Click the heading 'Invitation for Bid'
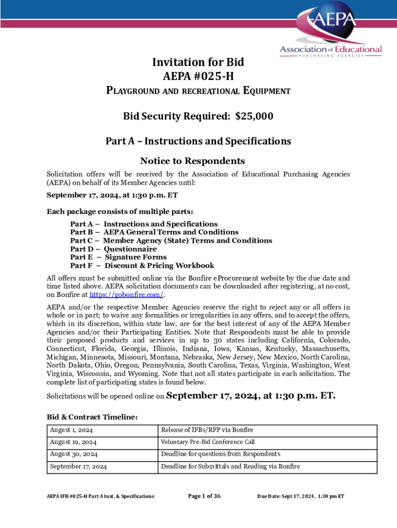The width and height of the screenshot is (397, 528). click(x=198, y=62)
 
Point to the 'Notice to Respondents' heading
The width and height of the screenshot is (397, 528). click(x=198, y=161)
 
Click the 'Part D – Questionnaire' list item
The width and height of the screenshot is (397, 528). click(x=113, y=249)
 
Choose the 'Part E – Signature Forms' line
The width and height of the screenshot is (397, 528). click(x=118, y=257)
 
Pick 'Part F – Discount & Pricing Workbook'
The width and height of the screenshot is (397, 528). click(x=142, y=266)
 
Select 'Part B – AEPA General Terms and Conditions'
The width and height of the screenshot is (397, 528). click(x=154, y=232)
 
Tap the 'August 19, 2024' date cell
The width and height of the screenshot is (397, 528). click(x=73, y=442)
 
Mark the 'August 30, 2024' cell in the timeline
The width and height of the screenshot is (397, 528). click(x=73, y=454)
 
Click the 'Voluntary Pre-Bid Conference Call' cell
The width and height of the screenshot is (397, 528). click(x=207, y=442)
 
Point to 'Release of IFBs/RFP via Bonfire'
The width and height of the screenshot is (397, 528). click(x=207, y=430)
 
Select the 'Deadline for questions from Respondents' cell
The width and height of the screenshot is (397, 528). click(x=220, y=454)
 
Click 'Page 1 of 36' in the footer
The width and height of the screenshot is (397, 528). click(x=204, y=496)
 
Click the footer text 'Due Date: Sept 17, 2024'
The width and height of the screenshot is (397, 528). click(x=301, y=496)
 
